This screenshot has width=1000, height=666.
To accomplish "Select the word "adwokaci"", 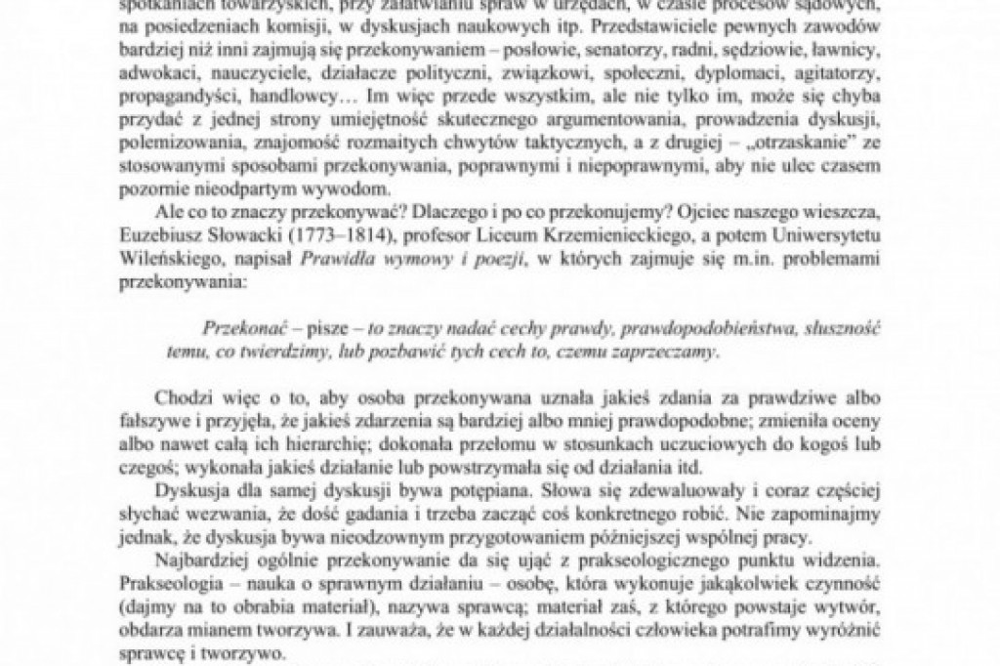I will [146, 73].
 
